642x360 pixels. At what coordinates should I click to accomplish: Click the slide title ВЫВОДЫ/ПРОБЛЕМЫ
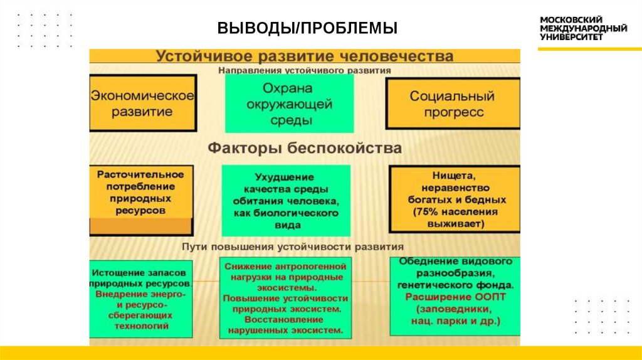307,29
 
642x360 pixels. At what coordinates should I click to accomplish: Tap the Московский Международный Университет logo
584,28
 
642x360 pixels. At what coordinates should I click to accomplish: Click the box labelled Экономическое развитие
142,103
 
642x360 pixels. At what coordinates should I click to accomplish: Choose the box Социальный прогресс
452,103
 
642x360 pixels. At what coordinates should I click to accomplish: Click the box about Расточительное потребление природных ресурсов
140,192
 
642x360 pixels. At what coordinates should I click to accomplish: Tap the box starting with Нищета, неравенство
455,198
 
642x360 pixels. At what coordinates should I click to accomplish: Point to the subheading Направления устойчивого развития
305,71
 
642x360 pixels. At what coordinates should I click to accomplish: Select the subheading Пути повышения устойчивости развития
292,246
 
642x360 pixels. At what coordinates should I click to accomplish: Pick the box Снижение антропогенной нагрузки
285,298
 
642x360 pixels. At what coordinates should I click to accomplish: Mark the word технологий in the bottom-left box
141,326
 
